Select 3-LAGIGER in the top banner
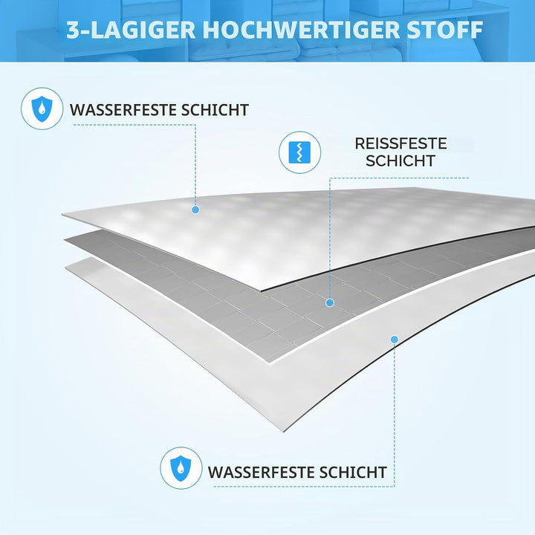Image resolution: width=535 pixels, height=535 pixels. pos(131,30)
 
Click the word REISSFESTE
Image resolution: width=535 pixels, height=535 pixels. pos(401,143)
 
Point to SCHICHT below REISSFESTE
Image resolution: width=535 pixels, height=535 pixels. pos(401,160)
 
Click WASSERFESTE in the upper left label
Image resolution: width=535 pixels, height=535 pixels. pos(123,110)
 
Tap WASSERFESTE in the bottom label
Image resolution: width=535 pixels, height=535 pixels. pos(261,473)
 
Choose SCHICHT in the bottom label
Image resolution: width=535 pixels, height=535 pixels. pos(353,473)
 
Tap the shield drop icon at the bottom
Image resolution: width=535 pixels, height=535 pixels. pos(181,468)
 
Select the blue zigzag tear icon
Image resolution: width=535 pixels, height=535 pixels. pos(299,152)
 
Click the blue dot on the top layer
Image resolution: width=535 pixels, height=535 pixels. pos(195,210)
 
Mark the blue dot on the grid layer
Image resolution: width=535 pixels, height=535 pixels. pos(330,302)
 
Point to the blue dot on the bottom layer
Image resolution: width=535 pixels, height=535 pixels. pos(395,340)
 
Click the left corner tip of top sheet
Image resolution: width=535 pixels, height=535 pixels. pos(62,215)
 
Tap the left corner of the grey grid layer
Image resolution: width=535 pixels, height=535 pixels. pos(64,240)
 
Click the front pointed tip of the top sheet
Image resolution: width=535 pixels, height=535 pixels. pos(261,291)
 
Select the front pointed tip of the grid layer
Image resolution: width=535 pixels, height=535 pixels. pos(270,363)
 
